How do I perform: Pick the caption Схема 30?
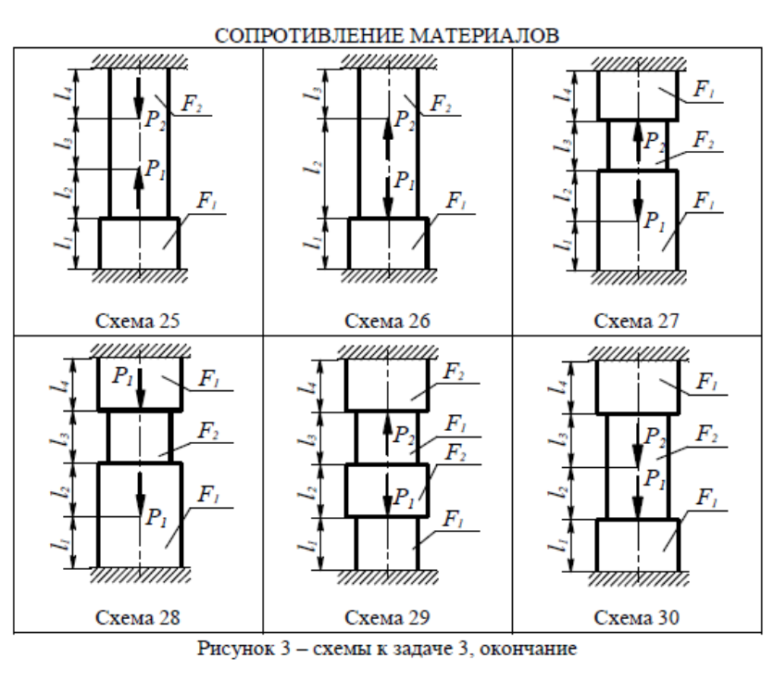click(639, 616)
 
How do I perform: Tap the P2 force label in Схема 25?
click(156, 118)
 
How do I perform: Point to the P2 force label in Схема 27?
click(655, 141)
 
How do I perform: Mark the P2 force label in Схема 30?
click(655, 436)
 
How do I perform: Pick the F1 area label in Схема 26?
click(456, 200)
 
